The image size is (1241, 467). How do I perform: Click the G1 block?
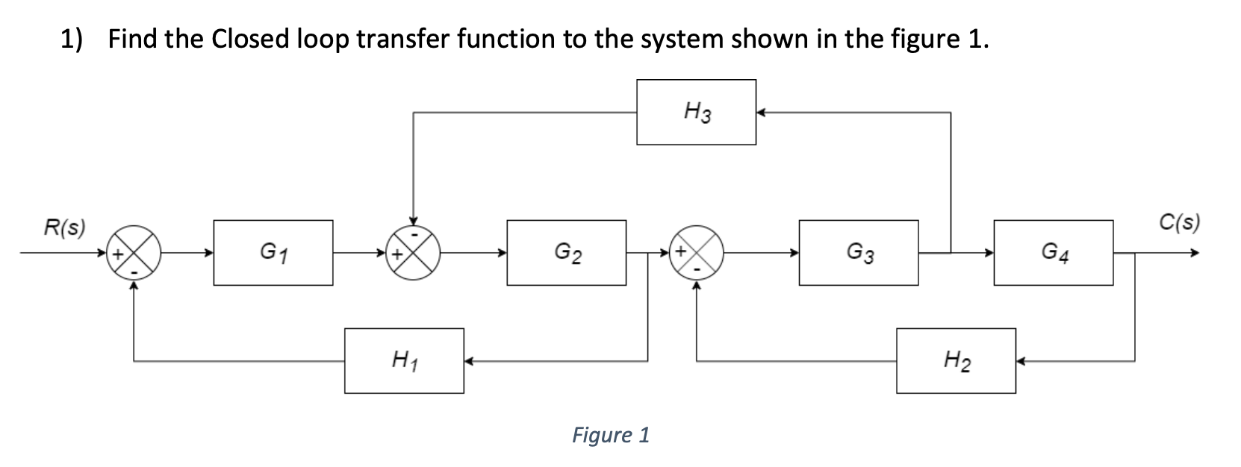point(273,252)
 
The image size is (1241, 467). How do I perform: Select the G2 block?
point(566,252)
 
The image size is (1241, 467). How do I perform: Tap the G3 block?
point(858,252)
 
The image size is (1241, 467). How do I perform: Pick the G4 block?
point(1053,252)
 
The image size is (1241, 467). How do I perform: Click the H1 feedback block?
point(404,361)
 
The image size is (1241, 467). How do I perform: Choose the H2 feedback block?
point(956,361)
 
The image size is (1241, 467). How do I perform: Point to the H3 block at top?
point(696,113)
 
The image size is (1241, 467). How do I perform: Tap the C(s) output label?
point(1180,222)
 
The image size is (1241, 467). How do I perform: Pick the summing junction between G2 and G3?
point(697,254)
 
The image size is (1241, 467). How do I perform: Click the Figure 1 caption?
point(611,434)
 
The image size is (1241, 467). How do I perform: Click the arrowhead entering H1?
point(469,361)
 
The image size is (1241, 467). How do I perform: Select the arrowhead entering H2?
point(1021,361)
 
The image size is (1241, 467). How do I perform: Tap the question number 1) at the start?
point(72,39)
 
